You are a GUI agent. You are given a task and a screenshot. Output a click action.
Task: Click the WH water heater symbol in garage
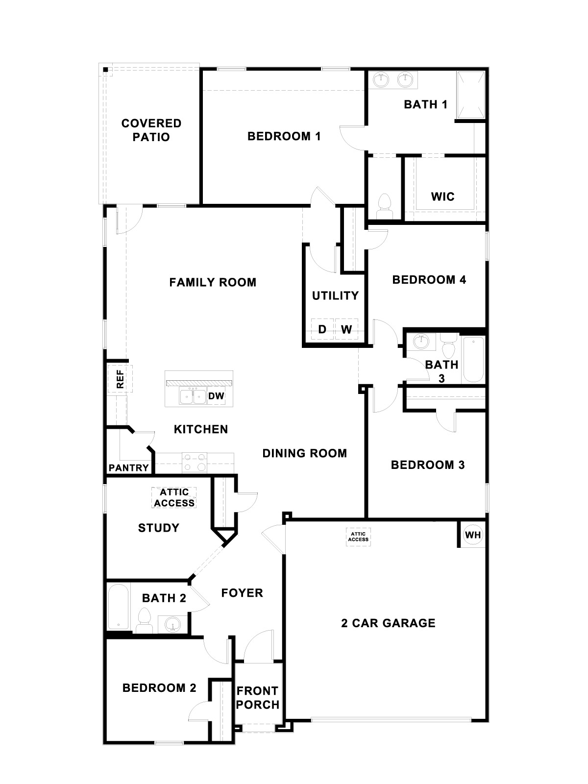tap(473, 535)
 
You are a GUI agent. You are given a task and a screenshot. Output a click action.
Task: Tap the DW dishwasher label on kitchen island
tap(216, 396)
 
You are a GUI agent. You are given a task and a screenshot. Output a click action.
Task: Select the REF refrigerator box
tap(120, 379)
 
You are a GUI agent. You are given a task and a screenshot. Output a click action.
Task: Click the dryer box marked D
tap(322, 329)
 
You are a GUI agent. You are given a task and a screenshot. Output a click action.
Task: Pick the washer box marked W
tap(346, 329)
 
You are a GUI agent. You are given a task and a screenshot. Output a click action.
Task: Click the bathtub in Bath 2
tap(118, 606)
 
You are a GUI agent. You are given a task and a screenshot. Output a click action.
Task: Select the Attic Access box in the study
tap(174, 498)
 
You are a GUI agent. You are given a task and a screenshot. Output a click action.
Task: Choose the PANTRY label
tap(129, 468)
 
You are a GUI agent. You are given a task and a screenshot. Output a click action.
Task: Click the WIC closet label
tap(443, 197)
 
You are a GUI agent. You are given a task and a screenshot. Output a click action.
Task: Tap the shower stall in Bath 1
tap(470, 95)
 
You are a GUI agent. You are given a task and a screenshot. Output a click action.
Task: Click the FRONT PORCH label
tap(258, 698)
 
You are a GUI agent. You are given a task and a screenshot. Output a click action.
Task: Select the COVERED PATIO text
tap(151, 130)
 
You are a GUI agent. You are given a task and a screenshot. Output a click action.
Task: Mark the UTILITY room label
tap(335, 295)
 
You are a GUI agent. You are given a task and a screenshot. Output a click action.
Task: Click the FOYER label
tap(242, 593)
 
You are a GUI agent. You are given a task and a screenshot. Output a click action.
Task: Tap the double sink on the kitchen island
tap(193, 396)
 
